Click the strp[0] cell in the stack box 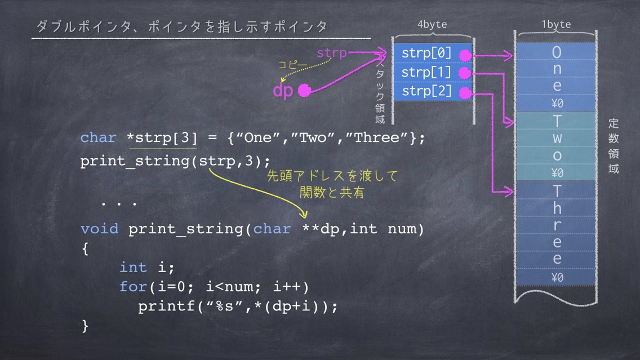[x=433, y=53]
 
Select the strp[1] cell [x=433, y=73]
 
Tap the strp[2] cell [x=433, y=91]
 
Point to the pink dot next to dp [x=304, y=90]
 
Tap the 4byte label [x=432, y=24]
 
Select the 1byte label [x=556, y=24]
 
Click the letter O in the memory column [x=557, y=52]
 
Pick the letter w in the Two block [x=557, y=139]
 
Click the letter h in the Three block [x=557, y=208]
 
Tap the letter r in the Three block [x=557, y=226]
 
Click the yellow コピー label [x=292, y=64]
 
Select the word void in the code [x=100, y=229]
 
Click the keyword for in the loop [x=133, y=287]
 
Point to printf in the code [x=167, y=306]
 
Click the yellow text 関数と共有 [x=331, y=193]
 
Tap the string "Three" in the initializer [x=377, y=137]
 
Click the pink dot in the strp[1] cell [x=465, y=73]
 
